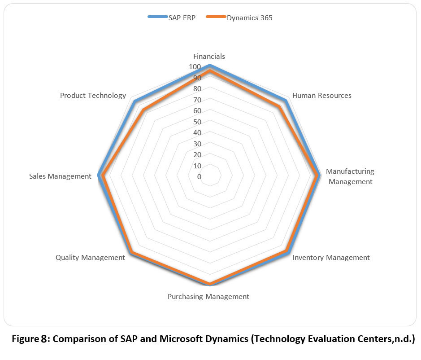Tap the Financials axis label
209,57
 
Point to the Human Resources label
321,96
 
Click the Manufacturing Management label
350,176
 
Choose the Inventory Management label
331,258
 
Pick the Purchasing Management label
208,297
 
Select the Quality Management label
90,258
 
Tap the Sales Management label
60,176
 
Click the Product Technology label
93,96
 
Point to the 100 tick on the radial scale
195,67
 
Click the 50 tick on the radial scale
196,122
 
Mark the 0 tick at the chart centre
199,177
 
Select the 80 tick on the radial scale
196,89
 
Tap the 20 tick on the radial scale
196,155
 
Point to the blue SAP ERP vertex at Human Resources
285,100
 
